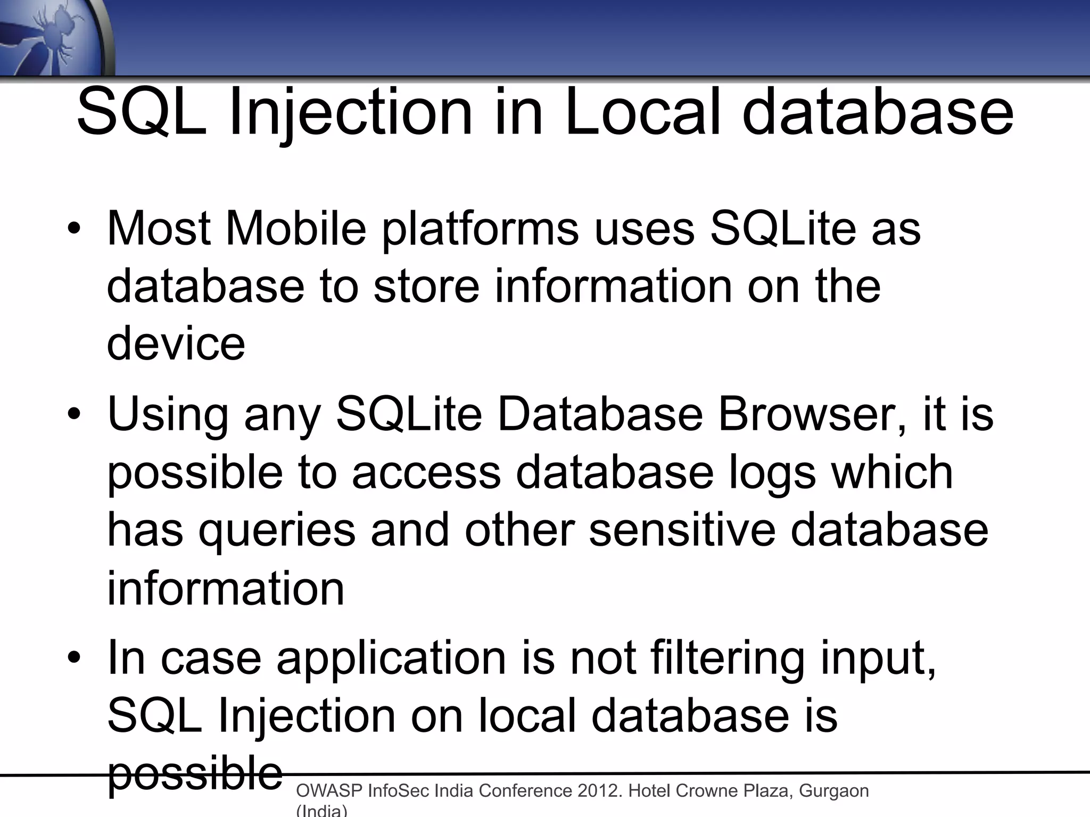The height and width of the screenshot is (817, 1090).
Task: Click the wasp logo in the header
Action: pyautogui.click(x=53, y=37)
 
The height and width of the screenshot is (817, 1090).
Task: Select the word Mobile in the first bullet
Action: pyautogui.click(x=296, y=229)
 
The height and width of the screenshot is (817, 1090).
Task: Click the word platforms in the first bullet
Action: pyautogui.click(x=481, y=229)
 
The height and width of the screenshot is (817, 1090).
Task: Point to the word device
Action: pyautogui.click(x=176, y=344)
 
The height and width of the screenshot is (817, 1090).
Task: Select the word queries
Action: pyautogui.click(x=277, y=531)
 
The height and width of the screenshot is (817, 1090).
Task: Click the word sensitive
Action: pyautogui.click(x=682, y=530)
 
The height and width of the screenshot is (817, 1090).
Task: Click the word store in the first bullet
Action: pyautogui.click(x=426, y=286)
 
